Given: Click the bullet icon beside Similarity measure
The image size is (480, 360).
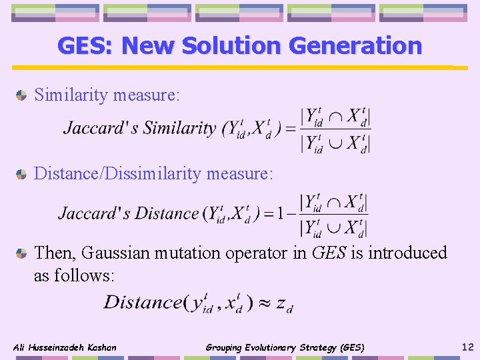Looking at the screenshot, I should [22, 95].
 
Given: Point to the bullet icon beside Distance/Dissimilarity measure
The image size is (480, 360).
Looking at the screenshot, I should [22, 175].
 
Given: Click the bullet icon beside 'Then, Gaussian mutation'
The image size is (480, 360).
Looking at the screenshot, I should [22, 253].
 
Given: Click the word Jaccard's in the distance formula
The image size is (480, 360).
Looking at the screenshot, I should [94, 213].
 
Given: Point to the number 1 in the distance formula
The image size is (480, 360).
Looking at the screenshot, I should [282, 214].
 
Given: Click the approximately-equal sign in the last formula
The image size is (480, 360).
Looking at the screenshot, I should [264, 303].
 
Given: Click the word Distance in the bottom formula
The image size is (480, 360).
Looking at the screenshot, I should [143, 302].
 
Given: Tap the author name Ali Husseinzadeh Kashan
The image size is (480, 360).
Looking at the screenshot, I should [65, 347].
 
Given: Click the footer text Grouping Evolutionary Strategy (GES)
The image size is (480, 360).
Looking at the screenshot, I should [285, 347].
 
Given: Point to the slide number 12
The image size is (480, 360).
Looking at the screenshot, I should [467, 347].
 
